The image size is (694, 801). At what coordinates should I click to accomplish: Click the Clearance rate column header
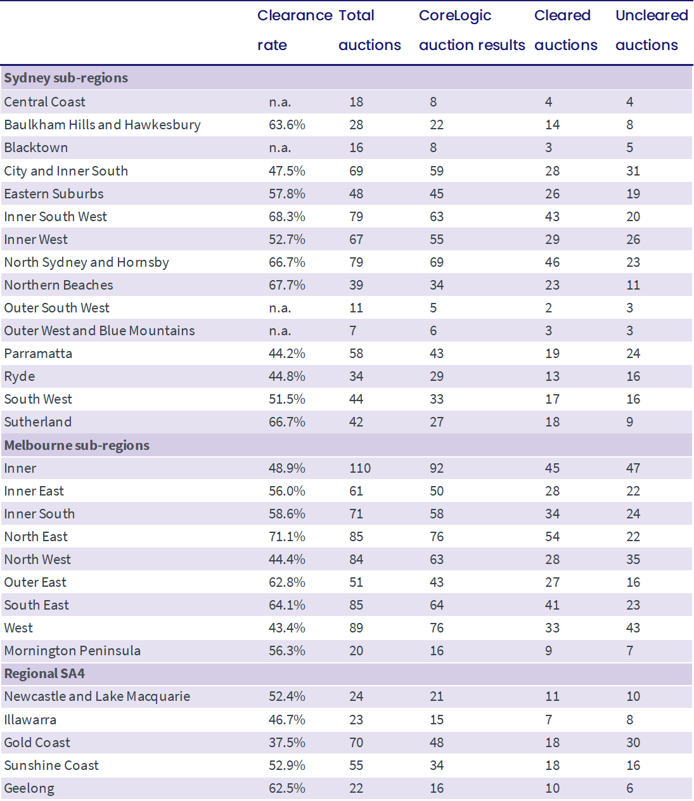(x=295, y=30)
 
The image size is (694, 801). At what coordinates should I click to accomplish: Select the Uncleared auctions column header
(x=652, y=30)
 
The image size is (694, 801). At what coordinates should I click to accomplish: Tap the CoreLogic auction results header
(x=472, y=30)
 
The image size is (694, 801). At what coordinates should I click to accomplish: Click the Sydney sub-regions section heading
(x=66, y=78)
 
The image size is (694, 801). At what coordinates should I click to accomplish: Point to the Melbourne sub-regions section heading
(x=77, y=445)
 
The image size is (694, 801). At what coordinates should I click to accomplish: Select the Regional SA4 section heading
(x=44, y=674)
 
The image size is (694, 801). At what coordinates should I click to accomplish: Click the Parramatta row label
(x=38, y=354)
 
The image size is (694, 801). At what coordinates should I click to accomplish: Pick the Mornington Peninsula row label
(x=72, y=651)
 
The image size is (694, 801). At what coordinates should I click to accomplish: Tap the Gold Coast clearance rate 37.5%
(x=286, y=743)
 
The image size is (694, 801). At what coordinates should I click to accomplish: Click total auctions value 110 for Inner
(x=360, y=468)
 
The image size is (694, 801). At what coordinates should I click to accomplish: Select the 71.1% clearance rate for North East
(x=286, y=537)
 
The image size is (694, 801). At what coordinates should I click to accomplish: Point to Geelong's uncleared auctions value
(x=630, y=788)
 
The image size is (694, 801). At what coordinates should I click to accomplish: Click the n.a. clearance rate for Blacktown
(x=280, y=148)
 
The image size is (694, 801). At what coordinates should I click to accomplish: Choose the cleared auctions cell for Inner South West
(x=552, y=217)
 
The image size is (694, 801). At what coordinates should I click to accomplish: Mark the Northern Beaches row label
(x=58, y=285)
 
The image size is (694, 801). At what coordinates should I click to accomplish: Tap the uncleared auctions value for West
(x=633, y=628)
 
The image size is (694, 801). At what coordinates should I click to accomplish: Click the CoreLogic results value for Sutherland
(x=436, y=422)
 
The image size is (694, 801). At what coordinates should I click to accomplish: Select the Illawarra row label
(x=30, y=720)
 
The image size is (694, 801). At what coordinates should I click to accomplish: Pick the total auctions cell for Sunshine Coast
(x=356, y=766)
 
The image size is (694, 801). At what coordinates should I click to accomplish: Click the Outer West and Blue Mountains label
(x=100, y=331)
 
